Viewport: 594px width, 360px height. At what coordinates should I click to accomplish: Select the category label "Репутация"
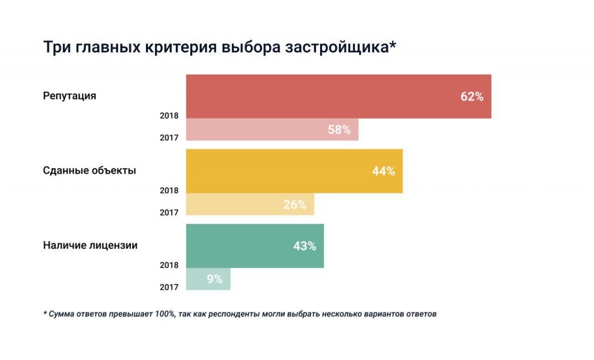pyautogui.click(x=70, y=96)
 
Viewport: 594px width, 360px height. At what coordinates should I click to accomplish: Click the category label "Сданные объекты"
pyautogui.click(x=90, y=171)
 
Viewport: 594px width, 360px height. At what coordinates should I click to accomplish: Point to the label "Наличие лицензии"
pyautogui.click(x=90, y=245)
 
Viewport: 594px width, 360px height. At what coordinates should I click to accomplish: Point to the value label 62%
pyautogui.click(x=472, y=97)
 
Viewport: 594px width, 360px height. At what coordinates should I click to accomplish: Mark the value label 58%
pyautogui.click(x=339, y=130)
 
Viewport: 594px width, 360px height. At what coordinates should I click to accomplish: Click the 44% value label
pyautogui.click(x=383, y=171)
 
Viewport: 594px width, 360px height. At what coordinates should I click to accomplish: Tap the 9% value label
pyautogui.click(x=215, y=279)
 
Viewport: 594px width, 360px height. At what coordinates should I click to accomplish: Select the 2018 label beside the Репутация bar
pyautogui.click(x=169, y=115)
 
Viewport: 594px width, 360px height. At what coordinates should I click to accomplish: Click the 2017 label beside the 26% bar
pyautogui.click(x=169, y=213)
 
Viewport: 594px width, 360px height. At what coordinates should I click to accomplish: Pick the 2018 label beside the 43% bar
pyautogui.click(x=169, y=265)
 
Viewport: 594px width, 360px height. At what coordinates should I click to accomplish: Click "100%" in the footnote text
pyautogui.click(x=164, y=314)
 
